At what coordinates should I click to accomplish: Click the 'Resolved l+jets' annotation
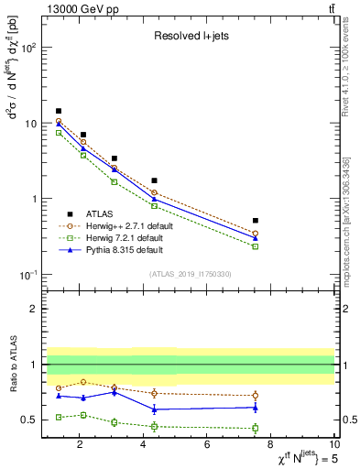pos(189,38)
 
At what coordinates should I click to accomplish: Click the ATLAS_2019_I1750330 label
pos(190,274)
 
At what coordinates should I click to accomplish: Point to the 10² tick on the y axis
pos(29,48)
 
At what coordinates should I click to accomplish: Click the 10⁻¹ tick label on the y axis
pos(28,275)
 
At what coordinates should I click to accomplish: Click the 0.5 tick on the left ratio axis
pos(27,420)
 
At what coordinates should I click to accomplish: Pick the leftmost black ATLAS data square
pos(59,111)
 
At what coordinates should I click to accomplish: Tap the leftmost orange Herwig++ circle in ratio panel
pos(59,388)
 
